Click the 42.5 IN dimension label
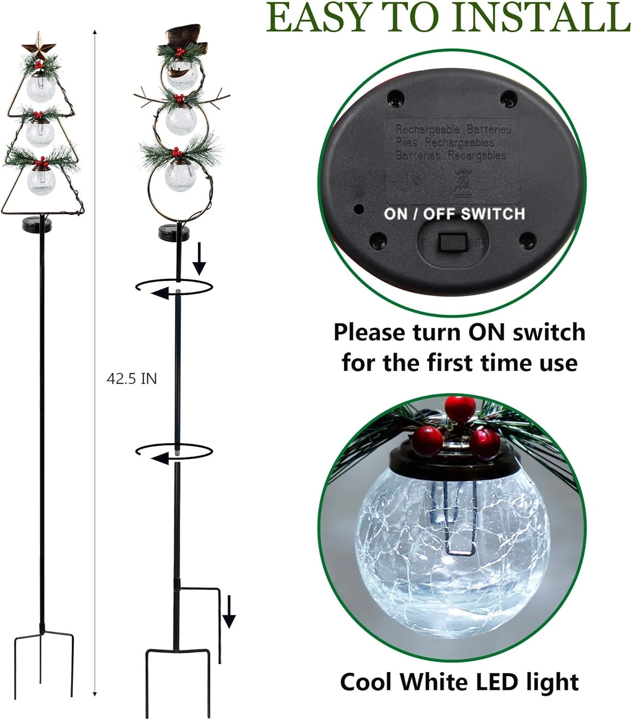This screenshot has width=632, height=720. (x=132, y=379)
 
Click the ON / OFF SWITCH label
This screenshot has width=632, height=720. (x=454, y=214)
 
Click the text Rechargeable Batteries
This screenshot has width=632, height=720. (x=453, y=130)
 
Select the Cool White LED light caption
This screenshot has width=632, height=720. (x=459, y=682)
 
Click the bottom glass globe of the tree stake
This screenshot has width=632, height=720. (x=41, y=181)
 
